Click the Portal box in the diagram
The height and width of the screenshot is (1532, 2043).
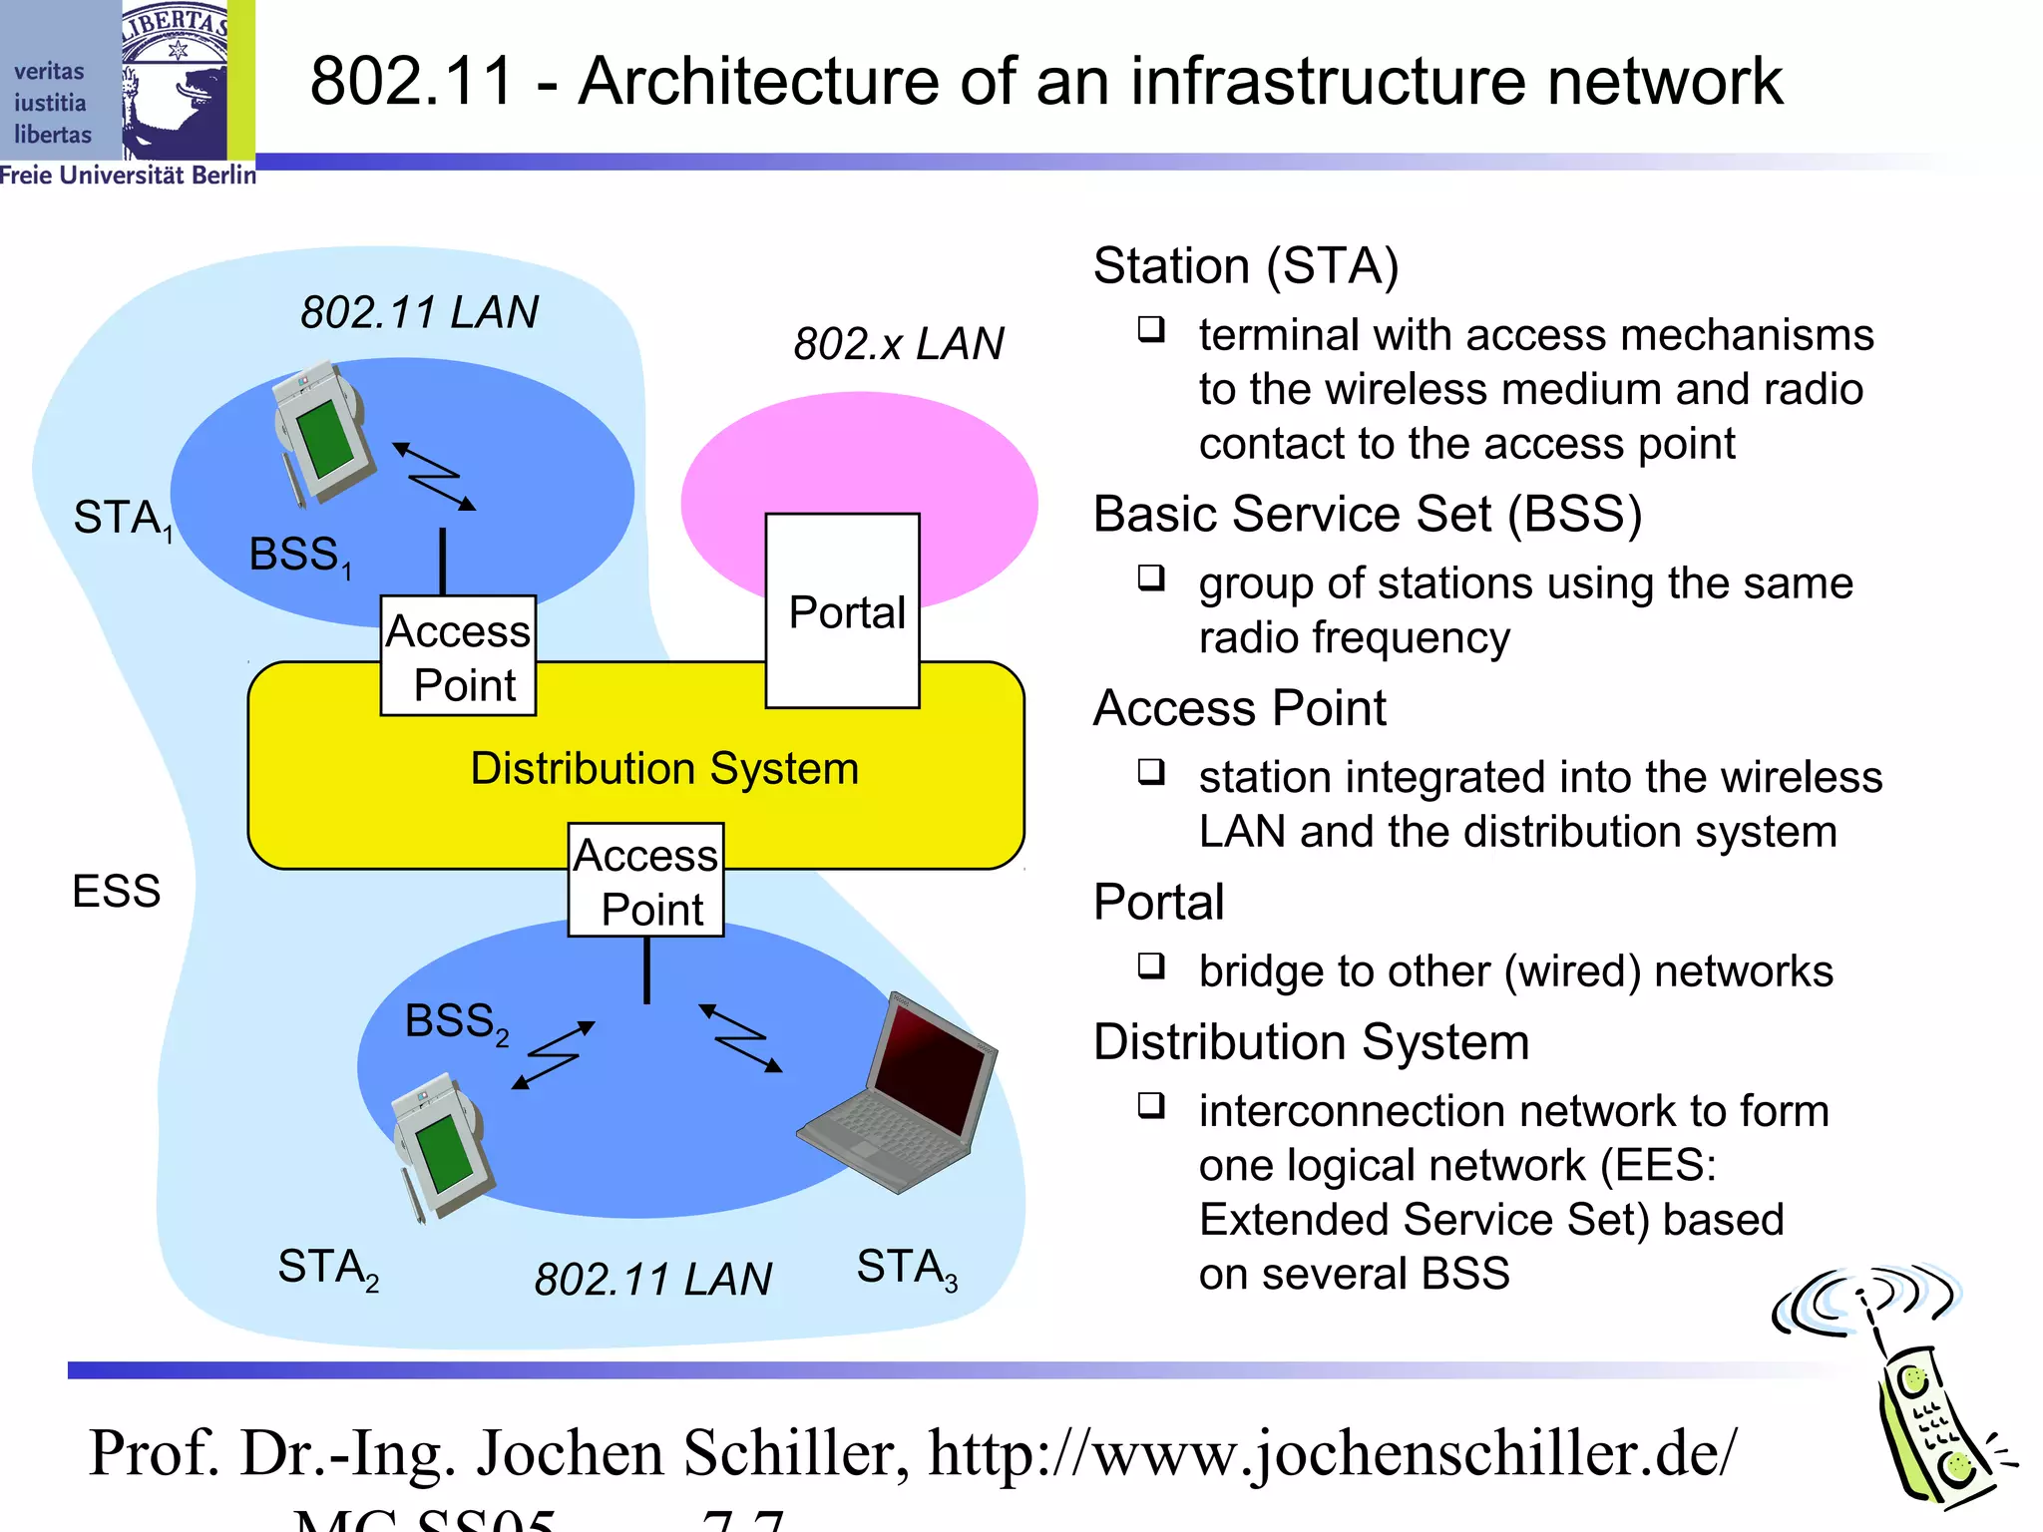843,610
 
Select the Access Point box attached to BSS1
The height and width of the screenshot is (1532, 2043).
458,656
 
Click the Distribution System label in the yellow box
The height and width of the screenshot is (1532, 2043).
664,768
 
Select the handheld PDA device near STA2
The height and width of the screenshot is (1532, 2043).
440,1146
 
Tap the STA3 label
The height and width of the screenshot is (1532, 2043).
906,1268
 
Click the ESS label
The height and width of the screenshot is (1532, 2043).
116,891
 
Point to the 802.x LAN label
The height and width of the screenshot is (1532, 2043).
898,343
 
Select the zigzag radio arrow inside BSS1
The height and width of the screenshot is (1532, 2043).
434,477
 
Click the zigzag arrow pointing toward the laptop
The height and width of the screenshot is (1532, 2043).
741,1038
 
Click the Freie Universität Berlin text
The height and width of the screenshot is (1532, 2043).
128,176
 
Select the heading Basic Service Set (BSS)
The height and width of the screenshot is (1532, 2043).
1367,514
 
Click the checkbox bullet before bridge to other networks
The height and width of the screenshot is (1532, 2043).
1151,965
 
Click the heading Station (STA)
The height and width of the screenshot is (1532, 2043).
1245,265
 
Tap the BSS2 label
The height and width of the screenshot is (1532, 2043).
456,1021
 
